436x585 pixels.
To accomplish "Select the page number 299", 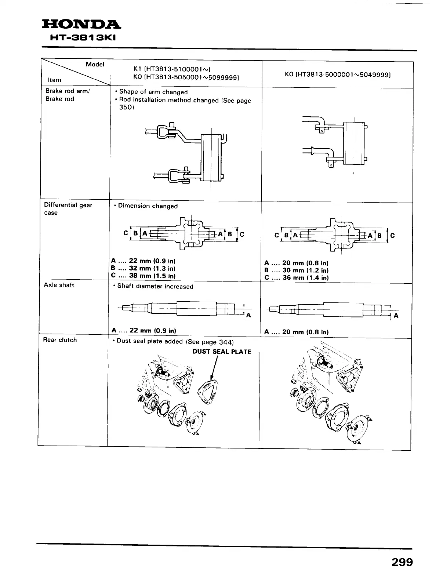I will click(402, 562).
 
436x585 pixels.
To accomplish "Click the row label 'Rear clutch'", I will click(60, 340).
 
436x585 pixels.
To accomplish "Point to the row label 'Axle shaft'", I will click(59, 285).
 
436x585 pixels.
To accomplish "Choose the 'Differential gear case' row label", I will click(68, 209).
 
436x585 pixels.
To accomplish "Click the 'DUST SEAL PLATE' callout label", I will click(222, 352).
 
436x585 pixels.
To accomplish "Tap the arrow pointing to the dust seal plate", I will click(214, 369).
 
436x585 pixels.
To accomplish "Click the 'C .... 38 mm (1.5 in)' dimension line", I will click(143, 276).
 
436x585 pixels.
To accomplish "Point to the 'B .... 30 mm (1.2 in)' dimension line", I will click(296, 270).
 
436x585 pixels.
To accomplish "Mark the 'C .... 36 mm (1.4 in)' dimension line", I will click(296, 278).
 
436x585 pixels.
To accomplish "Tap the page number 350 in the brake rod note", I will click(126, 108).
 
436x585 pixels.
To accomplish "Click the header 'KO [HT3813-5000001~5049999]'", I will click(337, 75).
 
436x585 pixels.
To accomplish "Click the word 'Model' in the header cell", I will click(95, 64).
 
